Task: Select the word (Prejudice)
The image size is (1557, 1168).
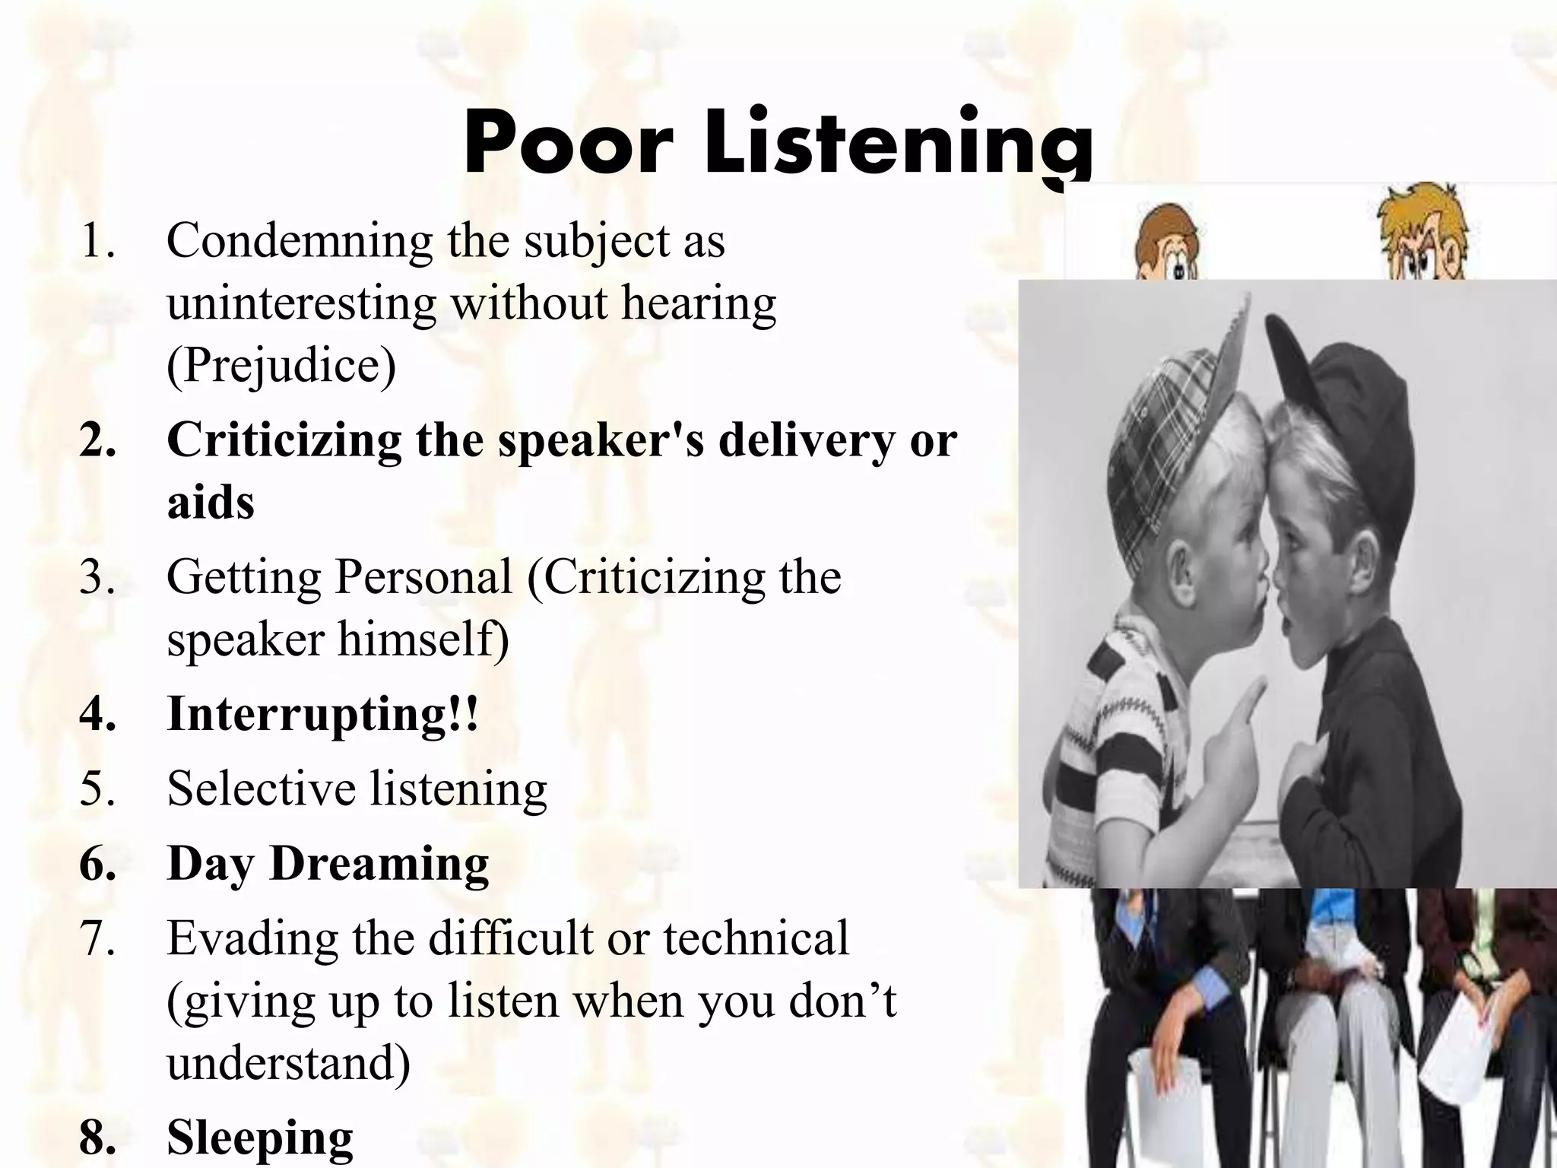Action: [x=281, y=366]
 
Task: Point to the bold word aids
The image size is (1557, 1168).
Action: [x=211, y=503]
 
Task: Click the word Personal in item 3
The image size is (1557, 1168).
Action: [x=423, y=576]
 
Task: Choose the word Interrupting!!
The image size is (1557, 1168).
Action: [x=323, y=713]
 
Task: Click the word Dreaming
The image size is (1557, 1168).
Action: [x=379, y=864]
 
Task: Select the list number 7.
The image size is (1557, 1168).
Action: [x=97, y=938]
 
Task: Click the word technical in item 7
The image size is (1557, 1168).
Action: [x=756, y=938]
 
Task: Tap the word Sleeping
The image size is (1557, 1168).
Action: [x=260, y=1138]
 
